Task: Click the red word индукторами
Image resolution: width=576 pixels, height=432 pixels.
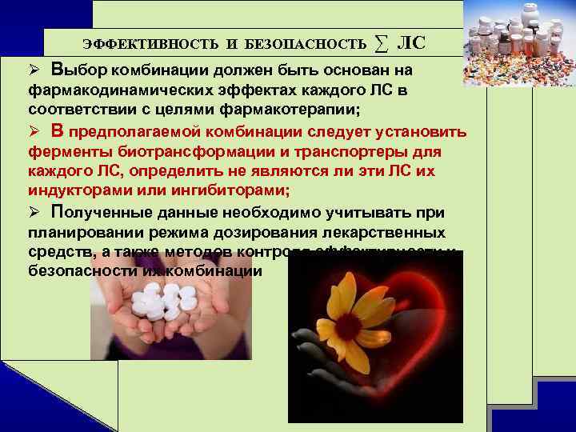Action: pyautogui.click(x=75, y=191)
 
